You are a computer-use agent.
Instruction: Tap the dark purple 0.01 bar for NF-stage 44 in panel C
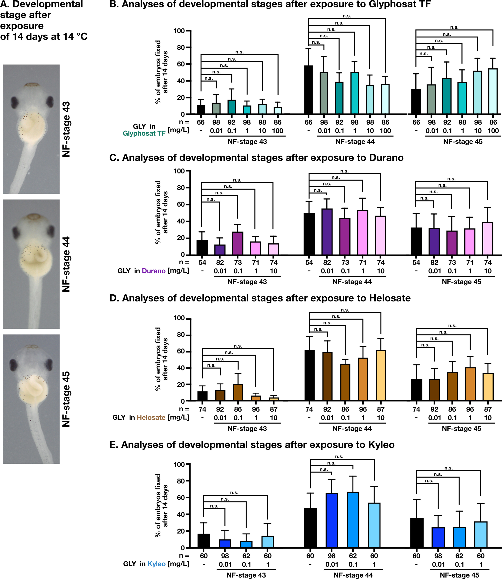[x=327, y=232]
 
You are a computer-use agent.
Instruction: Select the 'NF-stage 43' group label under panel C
[x=247, y=282]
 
